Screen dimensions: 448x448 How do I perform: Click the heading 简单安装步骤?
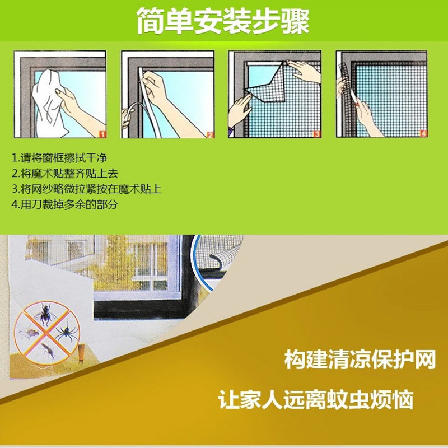pyautogui.click(x=223, y=21)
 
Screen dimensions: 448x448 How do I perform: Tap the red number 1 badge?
pyautogui.click(x=102, y=134)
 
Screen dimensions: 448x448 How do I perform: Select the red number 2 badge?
pyautogui.click(x=210, y=134)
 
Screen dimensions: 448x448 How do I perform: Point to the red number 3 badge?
pyautogui.click(x=317, y=134)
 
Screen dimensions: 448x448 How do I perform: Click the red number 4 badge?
pyautogui.click(x=423, y=133)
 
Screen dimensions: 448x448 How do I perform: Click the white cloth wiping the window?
pyautogui.click(x=49, y=103)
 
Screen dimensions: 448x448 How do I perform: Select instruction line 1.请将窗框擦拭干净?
pyautogui.click(x=59, y=158)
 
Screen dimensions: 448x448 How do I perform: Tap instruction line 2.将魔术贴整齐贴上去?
pyautogui.click(x=65, y=173)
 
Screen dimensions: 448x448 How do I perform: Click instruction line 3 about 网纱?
pyautogui.click(x=87, y=189)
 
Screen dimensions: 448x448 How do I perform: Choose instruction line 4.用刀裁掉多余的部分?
pyautogui.click(x=65, y=204)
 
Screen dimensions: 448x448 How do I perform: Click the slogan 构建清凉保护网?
pyautogui.click(x=360, y=359)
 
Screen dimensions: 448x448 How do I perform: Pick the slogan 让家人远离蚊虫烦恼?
pyautogui.click(x=316, y=399)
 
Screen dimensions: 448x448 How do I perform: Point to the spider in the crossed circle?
pyautogui.click(x=67, y=332)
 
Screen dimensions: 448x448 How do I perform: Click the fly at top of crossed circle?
pyautogui.click(x=46, y=314)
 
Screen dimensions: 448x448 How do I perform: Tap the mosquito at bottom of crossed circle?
pyautogui.click(x=48, y=351)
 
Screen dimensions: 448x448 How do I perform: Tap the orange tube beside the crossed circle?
pyautogui.click(x=82, y=353)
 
